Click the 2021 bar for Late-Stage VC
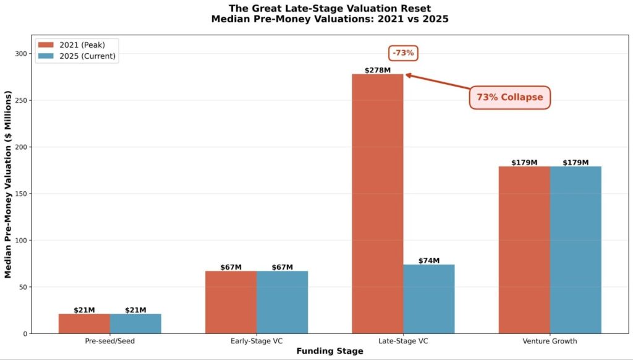(x=377, y=204)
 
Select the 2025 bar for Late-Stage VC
(x=429, y=299)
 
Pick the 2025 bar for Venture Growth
(x=576, y=250)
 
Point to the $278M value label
(x=378, y=71)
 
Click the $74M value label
(x=429, y=261)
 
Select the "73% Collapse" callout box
(x=509, y=98)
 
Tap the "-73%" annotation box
(x=404, y=53)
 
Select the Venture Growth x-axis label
(x=550, y=341)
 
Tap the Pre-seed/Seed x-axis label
(x=110, y=341)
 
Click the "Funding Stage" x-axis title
(x=329, y=351)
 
